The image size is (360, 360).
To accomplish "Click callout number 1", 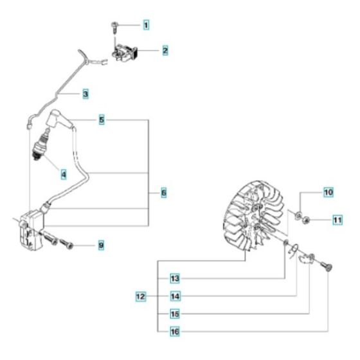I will pyautogui.click(x=146, y=25).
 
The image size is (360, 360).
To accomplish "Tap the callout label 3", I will pyautogui.click(x=85, y=93).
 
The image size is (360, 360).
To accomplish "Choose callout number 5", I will pyautogui.click(x=102, y=119).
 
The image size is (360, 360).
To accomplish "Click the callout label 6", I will pyautogui.click(x=163, y=192).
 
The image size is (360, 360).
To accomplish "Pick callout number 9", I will pyautogui.click(x=102, y=245).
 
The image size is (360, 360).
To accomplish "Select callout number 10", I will pyautogui.click(x=327, y=192).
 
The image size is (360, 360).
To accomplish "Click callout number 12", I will pyautogui.click(x=139, y=296).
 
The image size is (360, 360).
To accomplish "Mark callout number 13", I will pyautogui.click(x=174, y=278).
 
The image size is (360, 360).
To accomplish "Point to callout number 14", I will pyautogui.click(x=174, y=296).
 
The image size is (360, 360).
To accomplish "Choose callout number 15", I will pyautogui.click(x=174, y=314).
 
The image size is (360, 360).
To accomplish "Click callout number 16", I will pyautogui.click(x=174, y=332).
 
